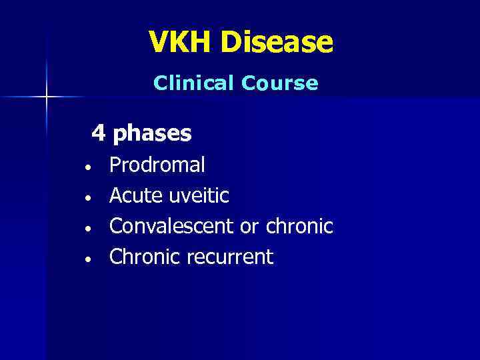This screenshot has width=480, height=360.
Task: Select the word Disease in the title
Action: (x=277, y=42)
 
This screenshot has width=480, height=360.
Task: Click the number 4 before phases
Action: (x=99, y=133)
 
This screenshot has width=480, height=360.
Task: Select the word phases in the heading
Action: (x=153, y=135)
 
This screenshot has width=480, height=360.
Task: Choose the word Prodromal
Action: (x=157, y=165)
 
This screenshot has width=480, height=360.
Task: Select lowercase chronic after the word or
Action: (x=299, y=226)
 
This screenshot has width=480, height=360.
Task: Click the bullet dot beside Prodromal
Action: (x=87, y=167)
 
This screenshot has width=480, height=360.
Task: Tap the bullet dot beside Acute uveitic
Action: (x=87, y=197)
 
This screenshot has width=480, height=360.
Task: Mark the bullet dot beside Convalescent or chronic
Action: (x=87, y=228)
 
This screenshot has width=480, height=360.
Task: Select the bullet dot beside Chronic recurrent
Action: (x=87, y=259)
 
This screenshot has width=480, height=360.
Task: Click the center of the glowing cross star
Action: (x=47, y=97)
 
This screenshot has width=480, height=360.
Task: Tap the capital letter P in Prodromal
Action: (x=115, y=165)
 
